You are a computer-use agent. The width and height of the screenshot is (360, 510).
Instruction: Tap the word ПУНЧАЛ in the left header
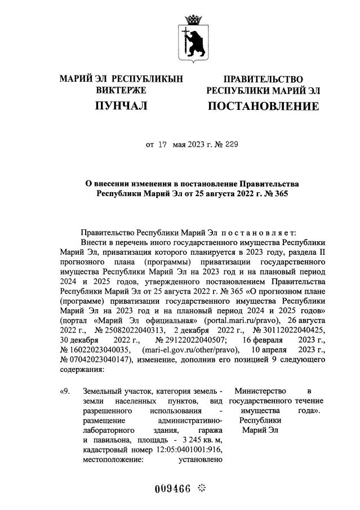[121, 105]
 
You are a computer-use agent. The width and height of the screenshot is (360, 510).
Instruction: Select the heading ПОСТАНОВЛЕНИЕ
[263, 106]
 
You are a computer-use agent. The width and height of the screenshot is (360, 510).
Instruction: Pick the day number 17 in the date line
[163, 145]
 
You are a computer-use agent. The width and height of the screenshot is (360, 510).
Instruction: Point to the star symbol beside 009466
[203, 487]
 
